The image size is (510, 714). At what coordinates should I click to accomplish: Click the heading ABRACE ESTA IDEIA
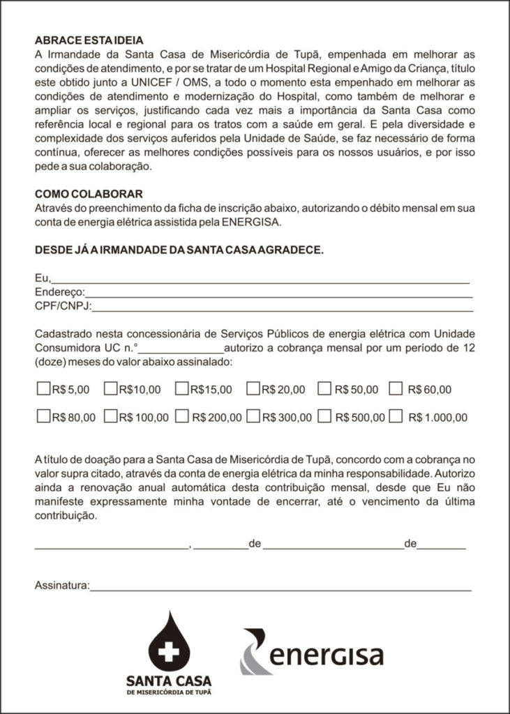(x=89, y=40)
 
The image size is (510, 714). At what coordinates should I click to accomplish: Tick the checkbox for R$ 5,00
(x=43, y=388)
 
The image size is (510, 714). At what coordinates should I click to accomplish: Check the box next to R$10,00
(x=110, y=388)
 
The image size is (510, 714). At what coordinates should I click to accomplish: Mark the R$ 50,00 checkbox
(x=324, y=388)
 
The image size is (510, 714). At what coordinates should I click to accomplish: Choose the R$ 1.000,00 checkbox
(x=396, y=417)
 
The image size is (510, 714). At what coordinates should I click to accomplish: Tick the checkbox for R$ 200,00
(x=182, y=417)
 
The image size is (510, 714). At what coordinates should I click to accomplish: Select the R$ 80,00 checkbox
(x=43, y=417)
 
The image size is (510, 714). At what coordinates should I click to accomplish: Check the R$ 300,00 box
(x=253, y=417)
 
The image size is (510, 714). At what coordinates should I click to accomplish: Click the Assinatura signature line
(x=279, y=588)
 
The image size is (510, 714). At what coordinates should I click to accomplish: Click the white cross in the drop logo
(x=169, y=653)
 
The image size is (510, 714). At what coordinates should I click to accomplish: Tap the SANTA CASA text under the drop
(x=169, y=680)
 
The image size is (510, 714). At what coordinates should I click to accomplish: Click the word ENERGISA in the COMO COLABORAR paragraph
(x=253, y=223)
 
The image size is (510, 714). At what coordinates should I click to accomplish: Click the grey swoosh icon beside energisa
(x=255, y=652)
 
